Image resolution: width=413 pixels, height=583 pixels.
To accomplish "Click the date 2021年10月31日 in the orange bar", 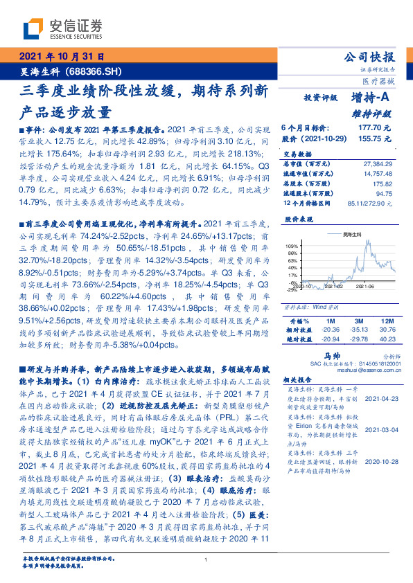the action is [61, 57].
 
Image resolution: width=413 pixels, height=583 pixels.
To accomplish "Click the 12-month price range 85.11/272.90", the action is [374, 203].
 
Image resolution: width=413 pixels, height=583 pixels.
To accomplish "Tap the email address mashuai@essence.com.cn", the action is [353, 370].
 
